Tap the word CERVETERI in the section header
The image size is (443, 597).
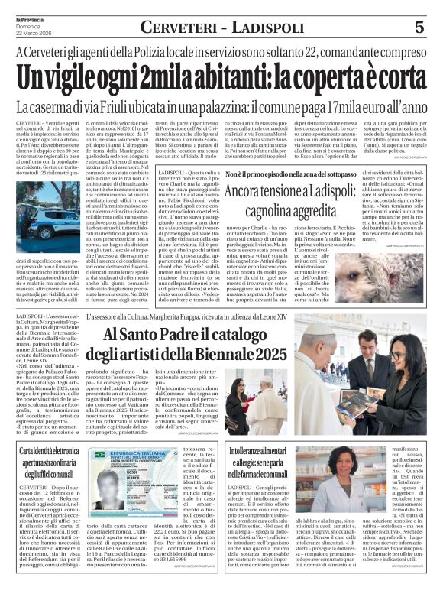pyautogui.click(x=177, y=27)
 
